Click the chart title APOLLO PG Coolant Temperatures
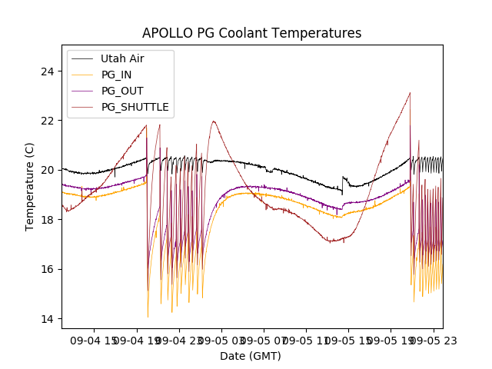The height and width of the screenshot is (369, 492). (251, 33)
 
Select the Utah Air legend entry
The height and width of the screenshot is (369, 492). (122, 58)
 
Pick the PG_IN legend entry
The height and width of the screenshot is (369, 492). (116, 75)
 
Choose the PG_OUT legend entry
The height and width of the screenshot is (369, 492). (121, 91)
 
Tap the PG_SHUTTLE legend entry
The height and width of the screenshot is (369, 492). (135, 107)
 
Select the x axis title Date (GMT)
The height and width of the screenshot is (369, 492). (251, 356)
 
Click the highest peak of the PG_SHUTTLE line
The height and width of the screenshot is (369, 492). (410, 93)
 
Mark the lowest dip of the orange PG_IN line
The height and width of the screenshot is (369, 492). (148, 317)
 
